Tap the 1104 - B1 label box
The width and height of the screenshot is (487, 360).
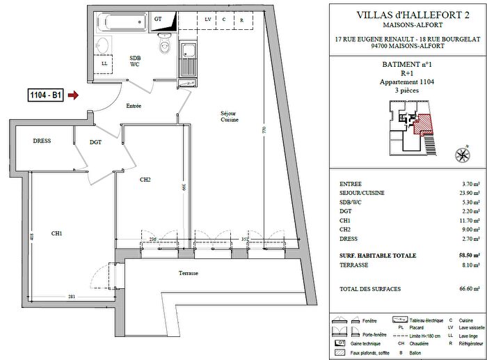click(45, 96)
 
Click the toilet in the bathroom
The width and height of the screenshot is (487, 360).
click(165, 45)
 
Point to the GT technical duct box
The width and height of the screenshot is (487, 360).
click(159, 19)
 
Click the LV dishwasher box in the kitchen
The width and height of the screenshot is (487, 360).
click(208, 19)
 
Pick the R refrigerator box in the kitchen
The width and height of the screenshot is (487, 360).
click(241, 19)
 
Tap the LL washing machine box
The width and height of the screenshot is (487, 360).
click(104, 64)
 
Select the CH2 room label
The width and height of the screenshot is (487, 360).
click(145, 180)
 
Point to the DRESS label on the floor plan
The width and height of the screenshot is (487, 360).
click(42, 141)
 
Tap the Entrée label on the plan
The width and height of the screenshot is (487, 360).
click(134, 106)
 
